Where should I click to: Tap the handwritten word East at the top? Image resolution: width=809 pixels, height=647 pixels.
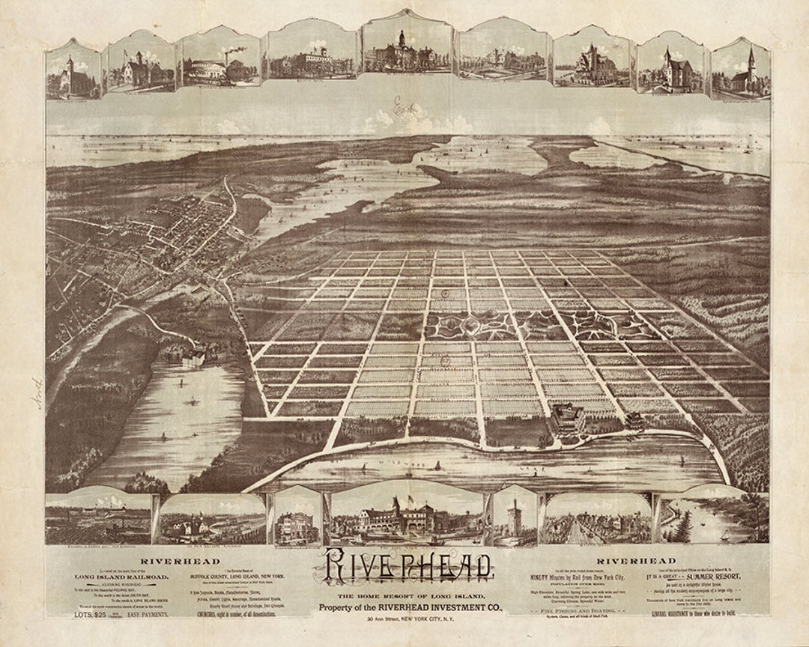click(405, 107)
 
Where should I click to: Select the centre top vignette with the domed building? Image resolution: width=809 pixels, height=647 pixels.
click(407, 54)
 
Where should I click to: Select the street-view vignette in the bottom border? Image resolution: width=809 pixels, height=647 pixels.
click(597, 520)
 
